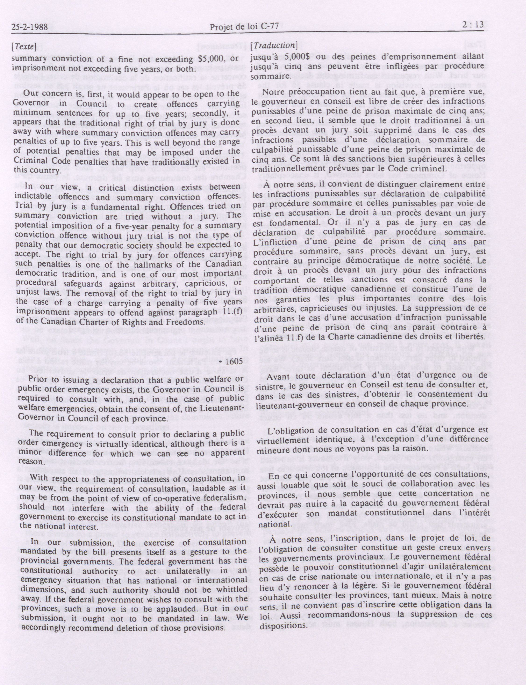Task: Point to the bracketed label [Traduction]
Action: (x=274, y=45)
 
